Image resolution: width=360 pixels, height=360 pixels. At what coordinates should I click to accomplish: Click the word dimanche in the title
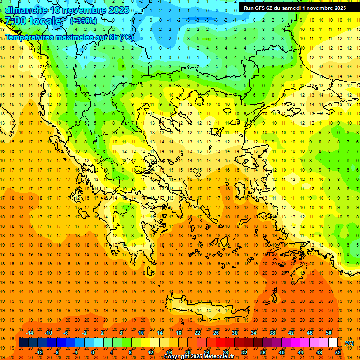(25, 10)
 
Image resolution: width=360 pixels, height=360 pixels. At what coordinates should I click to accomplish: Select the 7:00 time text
(15, 21)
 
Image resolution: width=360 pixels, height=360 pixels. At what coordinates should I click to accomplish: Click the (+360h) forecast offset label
(83, 21)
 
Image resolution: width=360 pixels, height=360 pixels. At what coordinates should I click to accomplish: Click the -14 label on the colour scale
(30, 333)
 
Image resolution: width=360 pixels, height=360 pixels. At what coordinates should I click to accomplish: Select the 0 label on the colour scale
(92, 352)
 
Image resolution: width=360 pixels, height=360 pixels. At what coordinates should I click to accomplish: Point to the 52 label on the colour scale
(338, 352)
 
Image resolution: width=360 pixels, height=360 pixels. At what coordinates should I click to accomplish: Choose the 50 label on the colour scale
(329, 333)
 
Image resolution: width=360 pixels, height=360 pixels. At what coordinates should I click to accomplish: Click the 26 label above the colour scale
(216, 333)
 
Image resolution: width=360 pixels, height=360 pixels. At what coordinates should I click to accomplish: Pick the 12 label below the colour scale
(150, 352)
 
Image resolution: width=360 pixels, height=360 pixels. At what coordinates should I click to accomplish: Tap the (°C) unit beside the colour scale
(349, 343)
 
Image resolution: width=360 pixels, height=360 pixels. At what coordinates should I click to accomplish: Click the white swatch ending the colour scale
(333, 343)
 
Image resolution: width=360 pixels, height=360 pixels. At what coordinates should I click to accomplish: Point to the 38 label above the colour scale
(272, 333)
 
